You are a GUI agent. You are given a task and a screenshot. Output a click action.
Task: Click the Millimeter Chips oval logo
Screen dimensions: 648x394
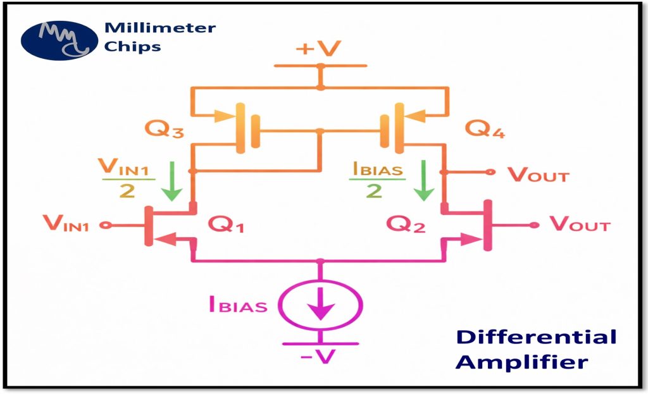(x=59, y=40)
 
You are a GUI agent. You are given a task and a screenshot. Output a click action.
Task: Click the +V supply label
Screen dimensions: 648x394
(x=318, y=49)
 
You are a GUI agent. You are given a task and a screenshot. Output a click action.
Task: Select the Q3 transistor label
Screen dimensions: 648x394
(x=164, y=129)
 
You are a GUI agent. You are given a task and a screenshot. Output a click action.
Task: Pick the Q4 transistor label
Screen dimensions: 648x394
(x=485, y=129)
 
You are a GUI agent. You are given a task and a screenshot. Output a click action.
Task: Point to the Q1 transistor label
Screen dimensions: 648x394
(x=226, y=225)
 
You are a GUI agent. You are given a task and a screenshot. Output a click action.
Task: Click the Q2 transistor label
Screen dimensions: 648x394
(x=406, y=225)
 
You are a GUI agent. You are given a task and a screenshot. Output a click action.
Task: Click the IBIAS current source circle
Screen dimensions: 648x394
(x=320, y=306)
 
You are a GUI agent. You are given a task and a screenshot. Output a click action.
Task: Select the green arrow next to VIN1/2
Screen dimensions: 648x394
(x=171, y=181)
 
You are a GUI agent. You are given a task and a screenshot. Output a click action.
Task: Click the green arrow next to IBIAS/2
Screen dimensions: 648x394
(x=424, y=181)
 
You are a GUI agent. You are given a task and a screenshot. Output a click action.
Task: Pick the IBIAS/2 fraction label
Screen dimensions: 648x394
(x=377, y=180)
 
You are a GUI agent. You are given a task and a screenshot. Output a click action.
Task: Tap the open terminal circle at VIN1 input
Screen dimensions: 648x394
(x=106, y=225)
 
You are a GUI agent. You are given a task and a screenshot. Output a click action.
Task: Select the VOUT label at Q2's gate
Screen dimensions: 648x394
(x=580, y=225)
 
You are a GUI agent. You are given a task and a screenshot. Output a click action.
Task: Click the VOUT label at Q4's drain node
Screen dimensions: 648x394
(x=539, y=175)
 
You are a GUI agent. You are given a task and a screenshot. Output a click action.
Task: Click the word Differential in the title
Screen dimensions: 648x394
(x=536, y=337)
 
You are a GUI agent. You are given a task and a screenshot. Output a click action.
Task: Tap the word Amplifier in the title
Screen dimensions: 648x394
(x=521, y=362)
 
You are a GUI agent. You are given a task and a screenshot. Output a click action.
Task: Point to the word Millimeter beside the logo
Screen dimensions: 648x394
(x=160, y=28)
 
